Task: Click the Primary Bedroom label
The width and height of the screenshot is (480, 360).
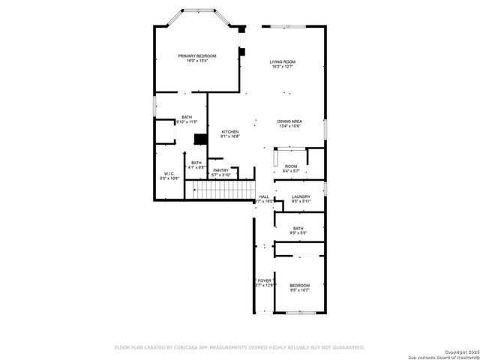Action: (x=196, y=56)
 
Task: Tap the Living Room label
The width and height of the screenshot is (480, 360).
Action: (x=283, y=61)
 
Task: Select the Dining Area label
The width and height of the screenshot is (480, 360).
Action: (x=289, y=121)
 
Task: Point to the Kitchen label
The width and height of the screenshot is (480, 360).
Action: (x=229, y=131)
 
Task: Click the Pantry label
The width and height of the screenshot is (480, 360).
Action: (x=220, y=170)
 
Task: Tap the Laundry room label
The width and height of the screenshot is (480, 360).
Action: (x=301, y=196)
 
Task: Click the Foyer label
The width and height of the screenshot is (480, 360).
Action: (x=265, y=280)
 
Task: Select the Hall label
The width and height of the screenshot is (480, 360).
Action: (x=264, y=196)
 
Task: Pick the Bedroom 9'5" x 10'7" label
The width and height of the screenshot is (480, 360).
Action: (x=300, y=285)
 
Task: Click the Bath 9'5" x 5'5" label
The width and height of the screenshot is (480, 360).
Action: (x=298, y=228)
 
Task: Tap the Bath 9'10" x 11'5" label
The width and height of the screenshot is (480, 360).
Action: (x=186, y=117)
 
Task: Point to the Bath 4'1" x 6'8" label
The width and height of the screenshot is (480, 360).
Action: (x=196, y=163)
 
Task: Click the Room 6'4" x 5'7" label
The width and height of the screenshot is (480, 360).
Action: (x=291, y=166)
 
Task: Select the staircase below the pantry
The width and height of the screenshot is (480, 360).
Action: (x=221, y=191)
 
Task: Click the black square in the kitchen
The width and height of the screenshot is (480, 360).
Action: (x=200, y=139)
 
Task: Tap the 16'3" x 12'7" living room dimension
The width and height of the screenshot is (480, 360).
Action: (x=283, y=67)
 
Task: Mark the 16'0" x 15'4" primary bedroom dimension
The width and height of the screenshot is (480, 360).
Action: (x=196, y=61)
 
